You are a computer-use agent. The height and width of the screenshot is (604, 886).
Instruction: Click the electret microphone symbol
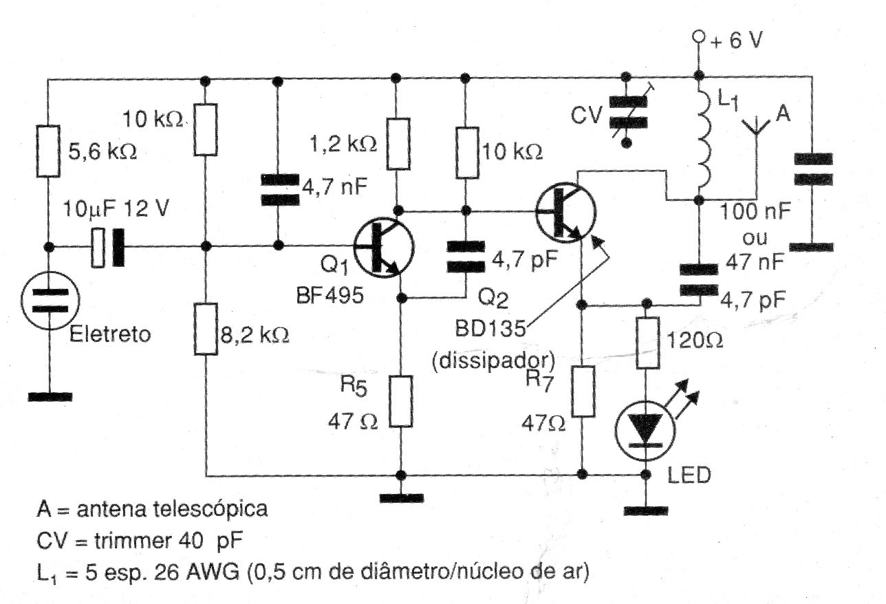(x=49, y=300)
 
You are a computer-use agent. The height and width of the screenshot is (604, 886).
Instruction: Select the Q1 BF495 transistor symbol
(x=383, y=248)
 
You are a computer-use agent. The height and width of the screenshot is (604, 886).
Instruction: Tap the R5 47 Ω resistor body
(x=399, y=401)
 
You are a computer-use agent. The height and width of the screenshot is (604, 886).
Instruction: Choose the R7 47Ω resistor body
(x=583, y=391)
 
